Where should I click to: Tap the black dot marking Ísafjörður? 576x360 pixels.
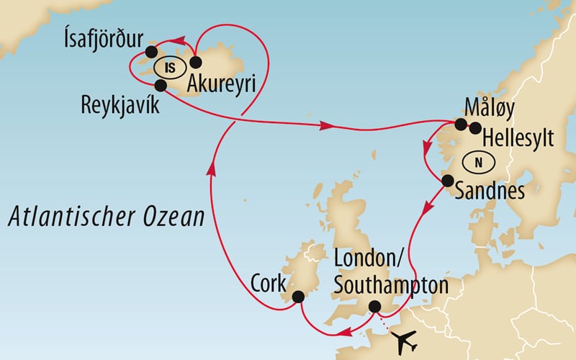point(151,51)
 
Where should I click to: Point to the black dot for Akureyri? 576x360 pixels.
point(195,63)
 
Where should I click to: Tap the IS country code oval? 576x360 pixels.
point(169,68)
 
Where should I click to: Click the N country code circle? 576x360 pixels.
point(478,162)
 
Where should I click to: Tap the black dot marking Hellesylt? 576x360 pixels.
point(475,128)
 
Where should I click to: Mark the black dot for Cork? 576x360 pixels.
point(297,296)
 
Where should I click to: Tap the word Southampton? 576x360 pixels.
point(391,285)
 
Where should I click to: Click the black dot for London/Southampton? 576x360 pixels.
point(374,307)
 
